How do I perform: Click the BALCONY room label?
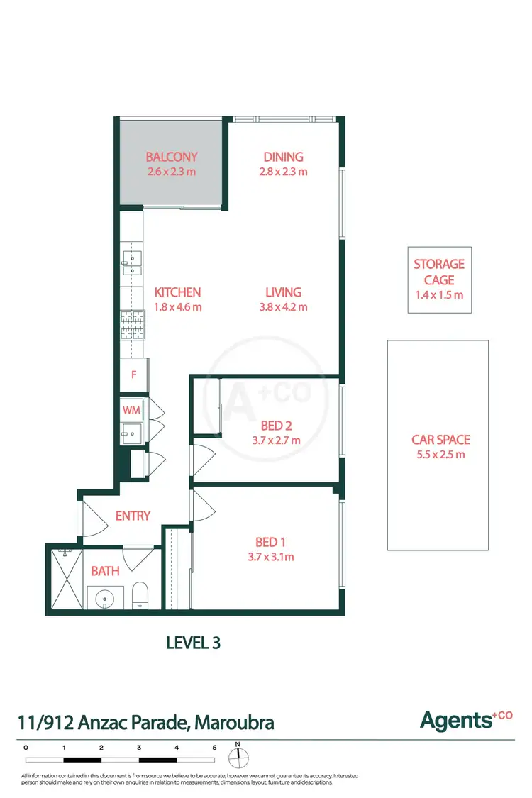point(171,157)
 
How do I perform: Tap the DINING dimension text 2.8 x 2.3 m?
point(283,172)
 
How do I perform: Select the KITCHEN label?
point(178,292)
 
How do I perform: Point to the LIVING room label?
point(283,292)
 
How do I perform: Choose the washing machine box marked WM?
point(131,410)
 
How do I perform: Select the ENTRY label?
point(133,516)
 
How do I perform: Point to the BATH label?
point(104,570)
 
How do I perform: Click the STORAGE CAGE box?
point(438,279)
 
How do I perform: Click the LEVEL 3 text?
point(193,643)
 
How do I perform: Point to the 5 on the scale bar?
point(214,747)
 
